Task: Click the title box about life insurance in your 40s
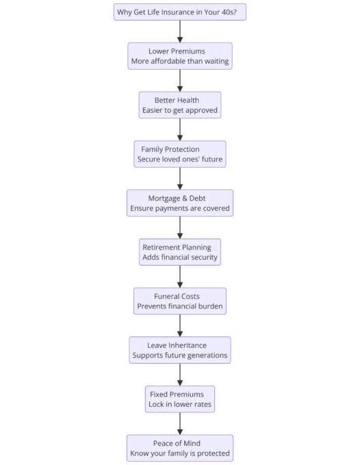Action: coord(180,12)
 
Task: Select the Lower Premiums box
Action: coord(180,56)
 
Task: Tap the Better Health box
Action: coord(180,105)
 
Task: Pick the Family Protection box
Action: coord(180,154)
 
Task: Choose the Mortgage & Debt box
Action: coord(180,203)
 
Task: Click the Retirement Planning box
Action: coord(180,252)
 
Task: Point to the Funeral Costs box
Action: coord(180,301)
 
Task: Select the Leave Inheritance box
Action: coord(180,350)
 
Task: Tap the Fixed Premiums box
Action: coord(180,399)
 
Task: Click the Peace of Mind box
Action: coord(180,448)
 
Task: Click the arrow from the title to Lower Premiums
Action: coord(180,31)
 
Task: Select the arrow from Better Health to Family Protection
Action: coord(180,130)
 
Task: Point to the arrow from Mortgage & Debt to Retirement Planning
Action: coord(180,228)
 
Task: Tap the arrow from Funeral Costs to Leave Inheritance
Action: coord(180,325)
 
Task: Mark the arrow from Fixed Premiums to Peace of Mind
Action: coord(180,423)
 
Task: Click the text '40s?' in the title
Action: coord(229,12)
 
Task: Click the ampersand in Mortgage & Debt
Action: coord(185,198)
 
